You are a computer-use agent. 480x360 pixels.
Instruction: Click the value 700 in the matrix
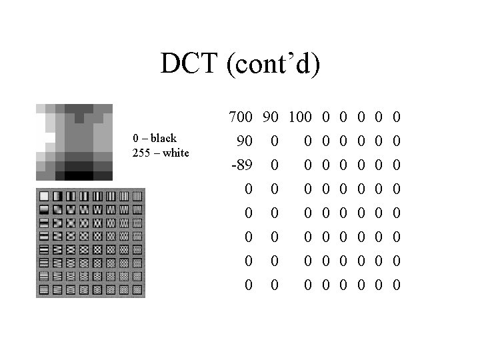[240, 118]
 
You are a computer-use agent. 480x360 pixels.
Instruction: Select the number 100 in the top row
[299, 118]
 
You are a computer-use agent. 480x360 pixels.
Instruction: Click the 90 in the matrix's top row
[270, 118]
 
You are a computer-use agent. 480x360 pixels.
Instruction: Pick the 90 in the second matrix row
[244, 141]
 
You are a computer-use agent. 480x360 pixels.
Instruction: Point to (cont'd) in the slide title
[273, 65]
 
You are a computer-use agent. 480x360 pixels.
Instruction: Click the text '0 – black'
[155, 139]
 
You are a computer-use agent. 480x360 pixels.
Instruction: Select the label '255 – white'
[161, 153]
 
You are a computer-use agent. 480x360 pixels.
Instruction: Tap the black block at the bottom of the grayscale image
[79, 176]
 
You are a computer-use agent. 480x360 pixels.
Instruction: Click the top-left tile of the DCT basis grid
[45, 197]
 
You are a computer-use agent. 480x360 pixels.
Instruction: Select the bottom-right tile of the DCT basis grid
[137, 290]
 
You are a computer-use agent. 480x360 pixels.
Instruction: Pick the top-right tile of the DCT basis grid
[137, 197]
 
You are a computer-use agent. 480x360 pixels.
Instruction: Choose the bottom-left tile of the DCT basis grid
[45, 290]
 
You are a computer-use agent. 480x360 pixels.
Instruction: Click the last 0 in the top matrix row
[397, 118]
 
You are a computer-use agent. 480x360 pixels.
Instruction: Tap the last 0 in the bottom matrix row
[397, 285]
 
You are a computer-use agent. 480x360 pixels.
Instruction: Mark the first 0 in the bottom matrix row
[248, 285]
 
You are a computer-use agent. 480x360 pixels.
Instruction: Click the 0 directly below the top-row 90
[274, 141]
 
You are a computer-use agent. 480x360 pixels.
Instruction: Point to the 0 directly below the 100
[307, 141]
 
